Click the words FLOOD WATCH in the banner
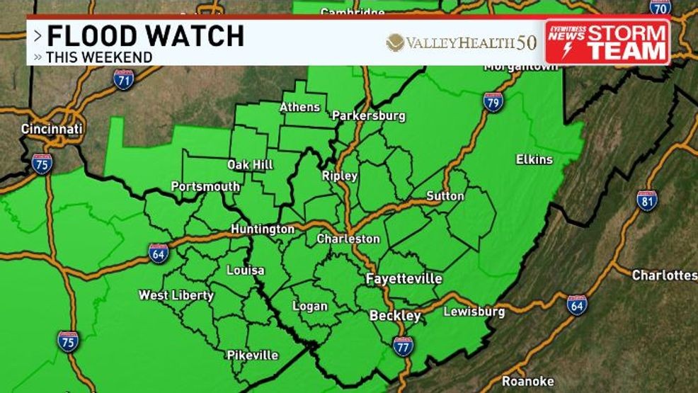[145, 36]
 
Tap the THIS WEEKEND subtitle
[99, 57]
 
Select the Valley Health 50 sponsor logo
[461, 42]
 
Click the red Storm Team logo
[607, 42]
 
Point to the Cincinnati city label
[52, 129]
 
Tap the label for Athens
[300, 107]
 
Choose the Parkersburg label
[368, 115]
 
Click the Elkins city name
[534, 159]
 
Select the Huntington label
[263, 229]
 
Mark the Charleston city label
[348, 239]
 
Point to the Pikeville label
[253, 355]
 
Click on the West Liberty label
[176, 295]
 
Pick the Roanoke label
[527, 381]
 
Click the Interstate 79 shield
[493, 102]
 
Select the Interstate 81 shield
[646, 200]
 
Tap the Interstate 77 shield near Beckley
[402, 346]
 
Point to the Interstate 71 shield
[123, 79]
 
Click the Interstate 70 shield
[660, 6]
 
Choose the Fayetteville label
[404, 279]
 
